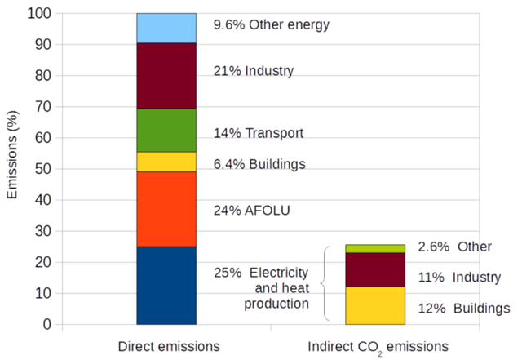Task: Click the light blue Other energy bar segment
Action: (x=166, y=28)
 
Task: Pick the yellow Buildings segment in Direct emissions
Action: (x=166, y=162)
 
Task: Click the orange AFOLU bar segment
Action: (x=166, y=209)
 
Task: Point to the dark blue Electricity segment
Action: (x=166, y=285)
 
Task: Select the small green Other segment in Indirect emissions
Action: (x=375, y=248)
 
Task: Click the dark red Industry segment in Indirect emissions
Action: (x=375, y=269)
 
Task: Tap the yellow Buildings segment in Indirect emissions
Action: (x=375, y=305)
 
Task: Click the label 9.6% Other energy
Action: (x=271, y=24)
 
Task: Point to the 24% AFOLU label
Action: (x=251, y=210)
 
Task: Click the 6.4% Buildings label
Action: (x=259, y=164)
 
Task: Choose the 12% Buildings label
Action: (x=464, y=308)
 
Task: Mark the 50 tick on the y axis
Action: (x=42, y=169)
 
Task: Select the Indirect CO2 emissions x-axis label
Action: (x=375, y=347)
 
